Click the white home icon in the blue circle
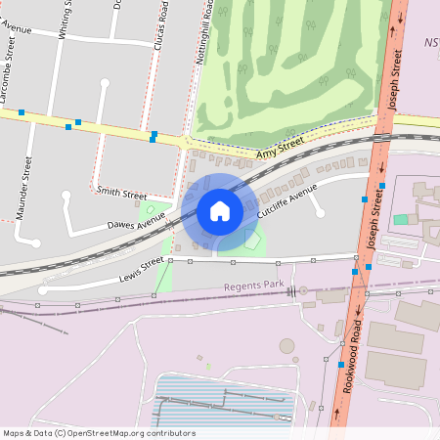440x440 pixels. pyautogui.click(x=220, y=210)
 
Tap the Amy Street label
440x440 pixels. pyautogui.click(x=281, y=149)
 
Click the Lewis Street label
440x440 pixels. pyautogui.click(x=141, y=270)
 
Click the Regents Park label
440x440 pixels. pyautogui.click(x=252, y=286)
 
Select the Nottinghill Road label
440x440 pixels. pyautogui.click(x=204, y=34)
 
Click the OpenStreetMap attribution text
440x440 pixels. pyautogui.click(x=98, y=432)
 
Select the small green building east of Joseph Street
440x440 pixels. pyautogui.click(x=401, y=218)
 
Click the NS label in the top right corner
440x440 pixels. pyautogui.click(x=431, y=43)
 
